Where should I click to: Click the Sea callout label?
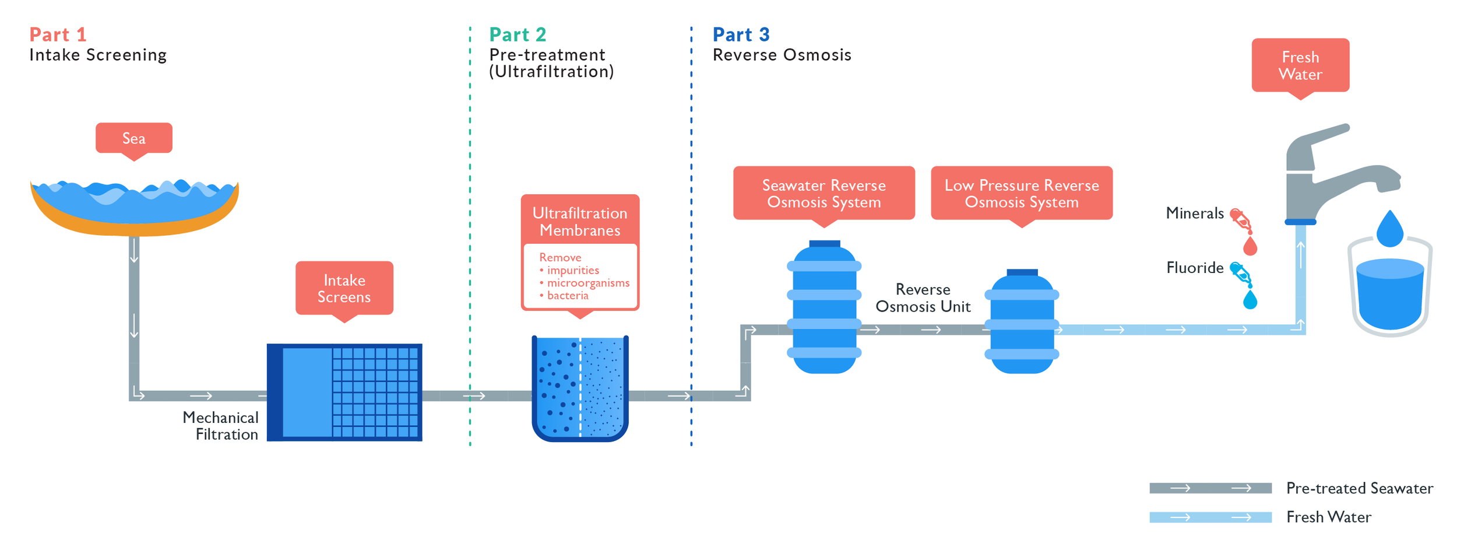[133, 138]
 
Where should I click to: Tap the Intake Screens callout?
[344, 288]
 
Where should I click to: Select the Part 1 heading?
[58, 34]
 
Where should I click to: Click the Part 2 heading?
[518, 34]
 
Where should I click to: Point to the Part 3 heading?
[741, 34]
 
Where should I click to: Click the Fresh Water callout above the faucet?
[1300, 65]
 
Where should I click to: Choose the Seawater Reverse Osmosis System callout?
[823, 193]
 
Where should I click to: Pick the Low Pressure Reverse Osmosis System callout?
[1021, 193]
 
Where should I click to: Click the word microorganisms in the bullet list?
[587, 283]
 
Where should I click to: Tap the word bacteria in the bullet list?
[567, 296]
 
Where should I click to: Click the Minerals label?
[1194, 213]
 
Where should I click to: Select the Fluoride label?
[1194, 268]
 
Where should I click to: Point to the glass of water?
[1390, 295]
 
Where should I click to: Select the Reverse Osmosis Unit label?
[923, 298]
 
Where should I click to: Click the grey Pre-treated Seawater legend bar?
[1210, 488]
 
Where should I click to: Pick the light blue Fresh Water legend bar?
[1210, 517]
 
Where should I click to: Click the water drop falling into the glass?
[1389, 229]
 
